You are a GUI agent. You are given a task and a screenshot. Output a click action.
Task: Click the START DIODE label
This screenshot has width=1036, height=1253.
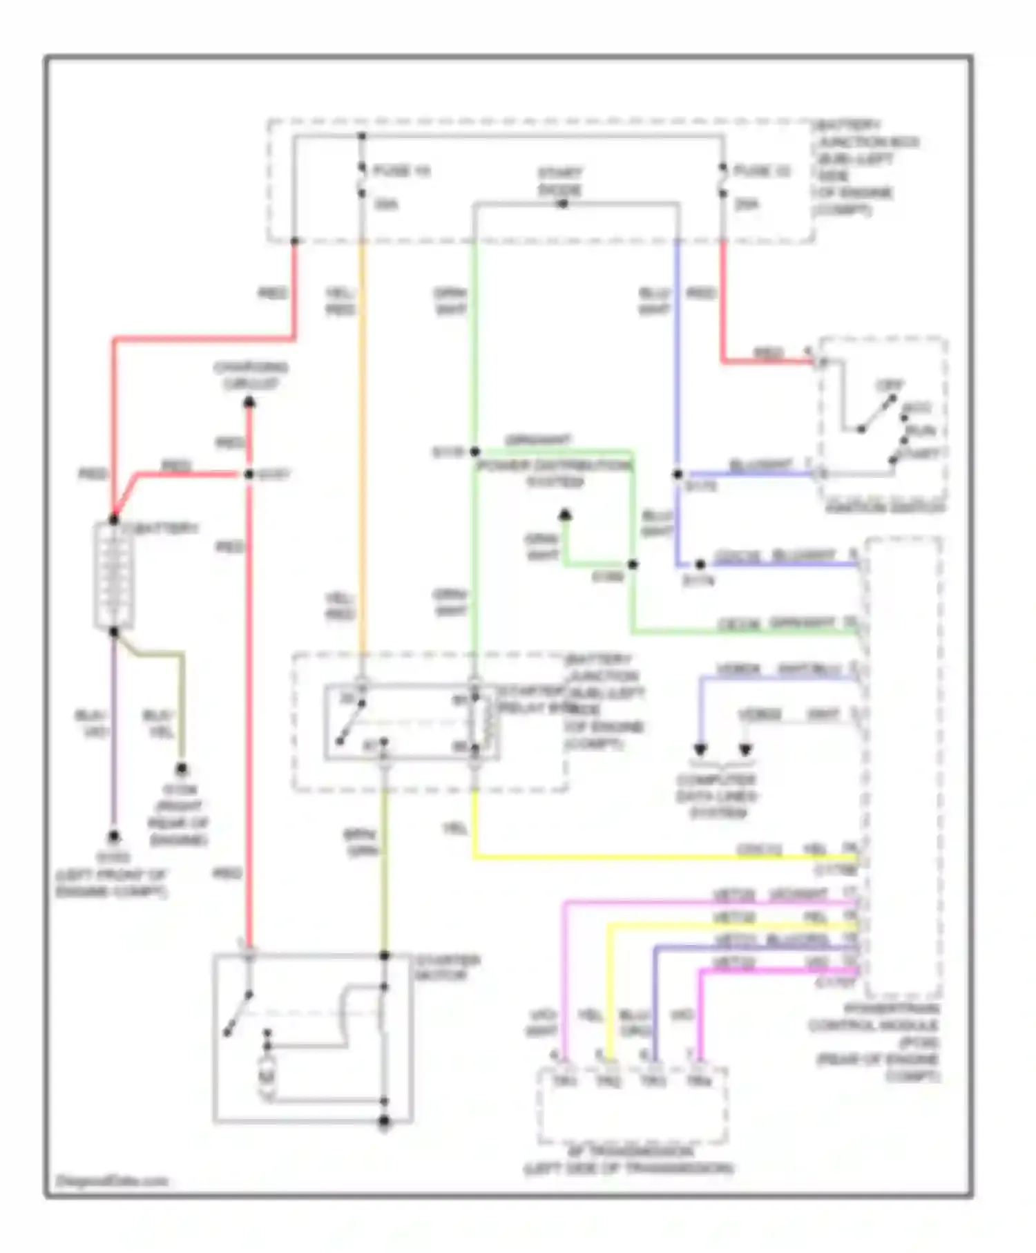coord(560,181)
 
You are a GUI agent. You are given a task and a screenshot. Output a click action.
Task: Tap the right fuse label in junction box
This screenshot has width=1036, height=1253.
coord(762,171)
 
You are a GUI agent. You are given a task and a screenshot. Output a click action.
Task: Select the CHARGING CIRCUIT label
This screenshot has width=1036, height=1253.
coord(251,375)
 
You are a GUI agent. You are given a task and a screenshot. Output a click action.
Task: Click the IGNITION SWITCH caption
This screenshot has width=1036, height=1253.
coord(885,508)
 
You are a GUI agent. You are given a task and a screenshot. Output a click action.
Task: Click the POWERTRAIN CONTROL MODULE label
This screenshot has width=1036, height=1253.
coord(876,1042)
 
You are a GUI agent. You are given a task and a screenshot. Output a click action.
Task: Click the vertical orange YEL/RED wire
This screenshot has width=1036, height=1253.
coord(361,449)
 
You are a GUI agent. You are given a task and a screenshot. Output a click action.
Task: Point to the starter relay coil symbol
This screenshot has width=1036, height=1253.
coord(488,723)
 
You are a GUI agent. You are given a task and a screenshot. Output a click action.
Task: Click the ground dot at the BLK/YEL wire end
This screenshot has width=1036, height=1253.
coord(182,768)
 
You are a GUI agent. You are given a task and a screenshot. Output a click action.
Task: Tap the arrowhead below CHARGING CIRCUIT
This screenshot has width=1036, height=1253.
coord(249,402)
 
